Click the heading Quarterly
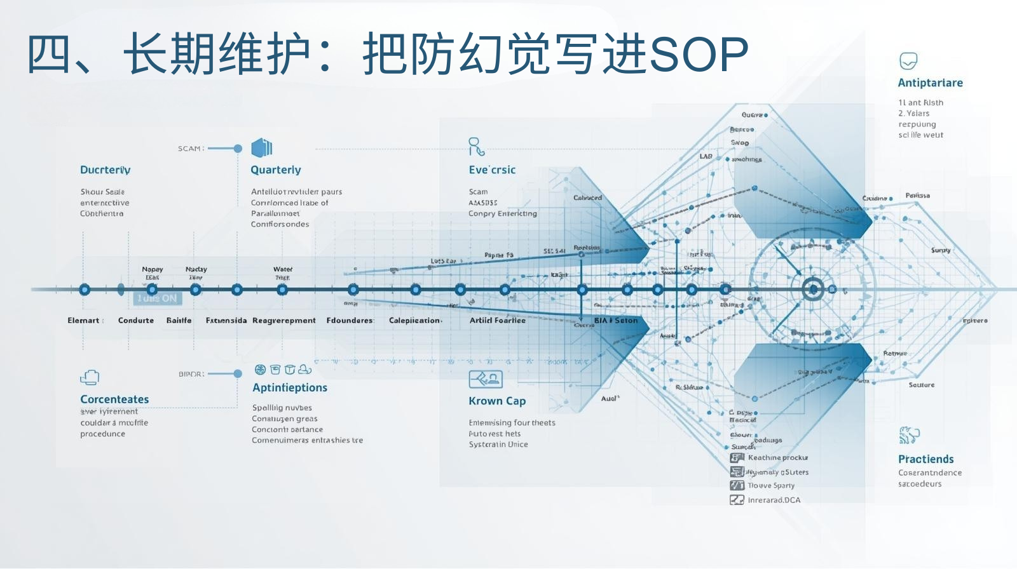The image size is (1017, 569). click(x=276, y=170)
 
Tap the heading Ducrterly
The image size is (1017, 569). click(x=106, y=170)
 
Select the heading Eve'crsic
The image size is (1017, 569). click(x=492, y=170)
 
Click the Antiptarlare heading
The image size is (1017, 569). click(x=930, y=83)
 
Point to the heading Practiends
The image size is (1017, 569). click(x=925, y=459)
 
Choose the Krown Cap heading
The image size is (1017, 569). click(x=497, y=401)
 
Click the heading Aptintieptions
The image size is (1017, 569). click(x=290, y=388)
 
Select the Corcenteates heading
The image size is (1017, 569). click(x=114, y=399)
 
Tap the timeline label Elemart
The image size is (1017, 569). click(x=84, y=321)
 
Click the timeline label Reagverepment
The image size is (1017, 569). click(x=284, y=321)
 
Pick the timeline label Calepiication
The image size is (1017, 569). click(x=414, y=321)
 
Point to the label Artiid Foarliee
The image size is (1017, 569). click(x=498, y=321)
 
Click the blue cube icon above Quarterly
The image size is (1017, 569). click(x=262, y=148)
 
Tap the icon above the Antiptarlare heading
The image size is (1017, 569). click(x=908, y=61)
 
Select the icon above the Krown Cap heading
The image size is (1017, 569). click(x=486, y=379)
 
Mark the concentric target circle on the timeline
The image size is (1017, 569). click(x=813, y=290)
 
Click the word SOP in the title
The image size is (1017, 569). click(x=700, y=55)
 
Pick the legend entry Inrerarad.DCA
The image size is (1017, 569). click(x=774, y=500)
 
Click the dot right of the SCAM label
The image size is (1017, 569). click(x=238, y=149)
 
